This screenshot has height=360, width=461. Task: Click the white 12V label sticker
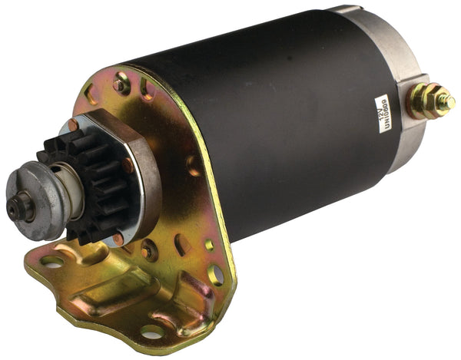(385, 114)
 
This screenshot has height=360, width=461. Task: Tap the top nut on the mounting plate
(121, 84)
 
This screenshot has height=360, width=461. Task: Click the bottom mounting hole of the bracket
(153, 332)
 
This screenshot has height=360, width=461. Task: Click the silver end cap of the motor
(400, 84)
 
